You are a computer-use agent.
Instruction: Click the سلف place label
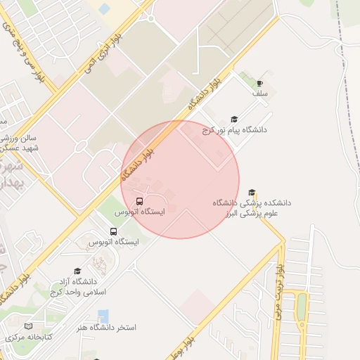(260, 94)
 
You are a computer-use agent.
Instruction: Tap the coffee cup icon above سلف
(260, 83)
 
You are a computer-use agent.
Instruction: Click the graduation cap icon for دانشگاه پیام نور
(234, 120)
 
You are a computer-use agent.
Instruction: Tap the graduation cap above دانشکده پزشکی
(252, 193)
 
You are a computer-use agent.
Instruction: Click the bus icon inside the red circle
(139, 201)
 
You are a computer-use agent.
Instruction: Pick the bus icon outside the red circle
(114, 231)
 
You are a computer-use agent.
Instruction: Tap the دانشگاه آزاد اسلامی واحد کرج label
(78, 286)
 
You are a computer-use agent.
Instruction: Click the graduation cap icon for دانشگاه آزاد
(77, 271)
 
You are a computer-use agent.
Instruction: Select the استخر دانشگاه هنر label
(108, 328)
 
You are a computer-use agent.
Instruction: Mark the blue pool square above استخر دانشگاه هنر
(103, 314)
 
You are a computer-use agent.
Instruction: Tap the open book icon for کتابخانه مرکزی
(29, 327)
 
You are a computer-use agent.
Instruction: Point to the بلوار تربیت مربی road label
(279, 293)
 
